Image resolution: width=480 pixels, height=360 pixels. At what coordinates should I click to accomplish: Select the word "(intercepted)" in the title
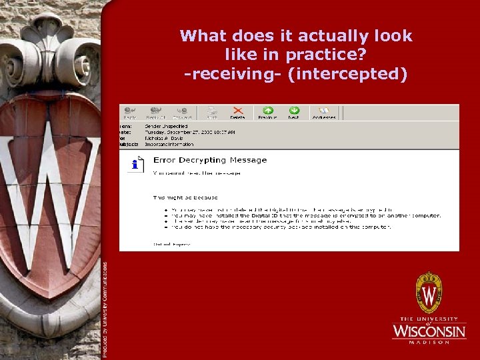[x=347, y=73]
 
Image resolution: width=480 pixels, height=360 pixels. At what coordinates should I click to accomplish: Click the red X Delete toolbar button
[x=237, y=111]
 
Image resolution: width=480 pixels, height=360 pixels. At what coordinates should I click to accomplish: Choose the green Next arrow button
[x=293, y=111]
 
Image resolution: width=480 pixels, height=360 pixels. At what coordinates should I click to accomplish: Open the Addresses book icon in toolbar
[x=325, y=111]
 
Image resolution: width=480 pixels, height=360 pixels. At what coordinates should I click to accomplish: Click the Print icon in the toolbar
[x=211, y=111]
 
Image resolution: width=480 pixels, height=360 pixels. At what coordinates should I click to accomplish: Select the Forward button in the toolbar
[x=183, y=111]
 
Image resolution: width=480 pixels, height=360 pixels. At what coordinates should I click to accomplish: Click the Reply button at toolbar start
[x=129, y=111]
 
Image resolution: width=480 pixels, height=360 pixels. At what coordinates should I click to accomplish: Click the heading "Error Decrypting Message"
[x=210, y=160]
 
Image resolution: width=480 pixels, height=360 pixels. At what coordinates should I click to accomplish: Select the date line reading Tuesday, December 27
[x=190, y=132]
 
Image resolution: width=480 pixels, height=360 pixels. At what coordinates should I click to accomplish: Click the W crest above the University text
[x=429, y=293]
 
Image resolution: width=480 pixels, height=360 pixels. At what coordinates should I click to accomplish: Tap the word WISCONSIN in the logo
[x=429, y=331]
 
